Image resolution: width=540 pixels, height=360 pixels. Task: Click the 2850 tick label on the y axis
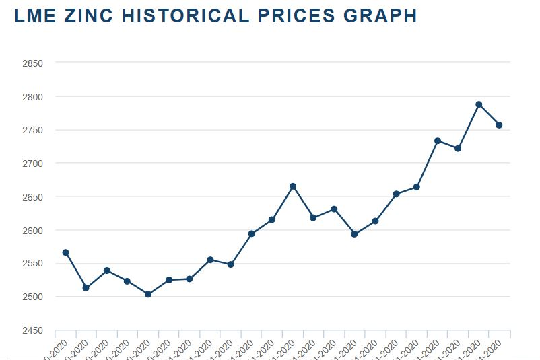point(32,63)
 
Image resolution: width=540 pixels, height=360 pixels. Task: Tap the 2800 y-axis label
point(32,97)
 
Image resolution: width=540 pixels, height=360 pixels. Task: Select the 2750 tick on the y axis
point(32,130)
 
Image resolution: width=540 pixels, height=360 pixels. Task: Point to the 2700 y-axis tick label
point(32,164)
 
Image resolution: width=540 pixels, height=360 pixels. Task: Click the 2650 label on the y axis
point(32,197)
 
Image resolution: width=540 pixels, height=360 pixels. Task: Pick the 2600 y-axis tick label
point(32,230)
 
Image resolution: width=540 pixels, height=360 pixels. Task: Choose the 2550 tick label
point(32,264)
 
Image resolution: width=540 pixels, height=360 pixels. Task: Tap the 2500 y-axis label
point(32,297)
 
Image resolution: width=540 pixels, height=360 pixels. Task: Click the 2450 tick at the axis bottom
point(32,330)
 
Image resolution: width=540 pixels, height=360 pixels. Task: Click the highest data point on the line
point(479,104)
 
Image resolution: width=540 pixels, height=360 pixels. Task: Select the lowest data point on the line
point(148,294)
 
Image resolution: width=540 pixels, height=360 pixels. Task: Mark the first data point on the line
point(65,252)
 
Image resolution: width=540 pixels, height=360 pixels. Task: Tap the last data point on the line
point(499,125)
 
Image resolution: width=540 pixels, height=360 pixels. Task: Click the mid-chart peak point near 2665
point(293,186)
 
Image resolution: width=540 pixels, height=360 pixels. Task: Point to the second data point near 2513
point(86,288)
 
